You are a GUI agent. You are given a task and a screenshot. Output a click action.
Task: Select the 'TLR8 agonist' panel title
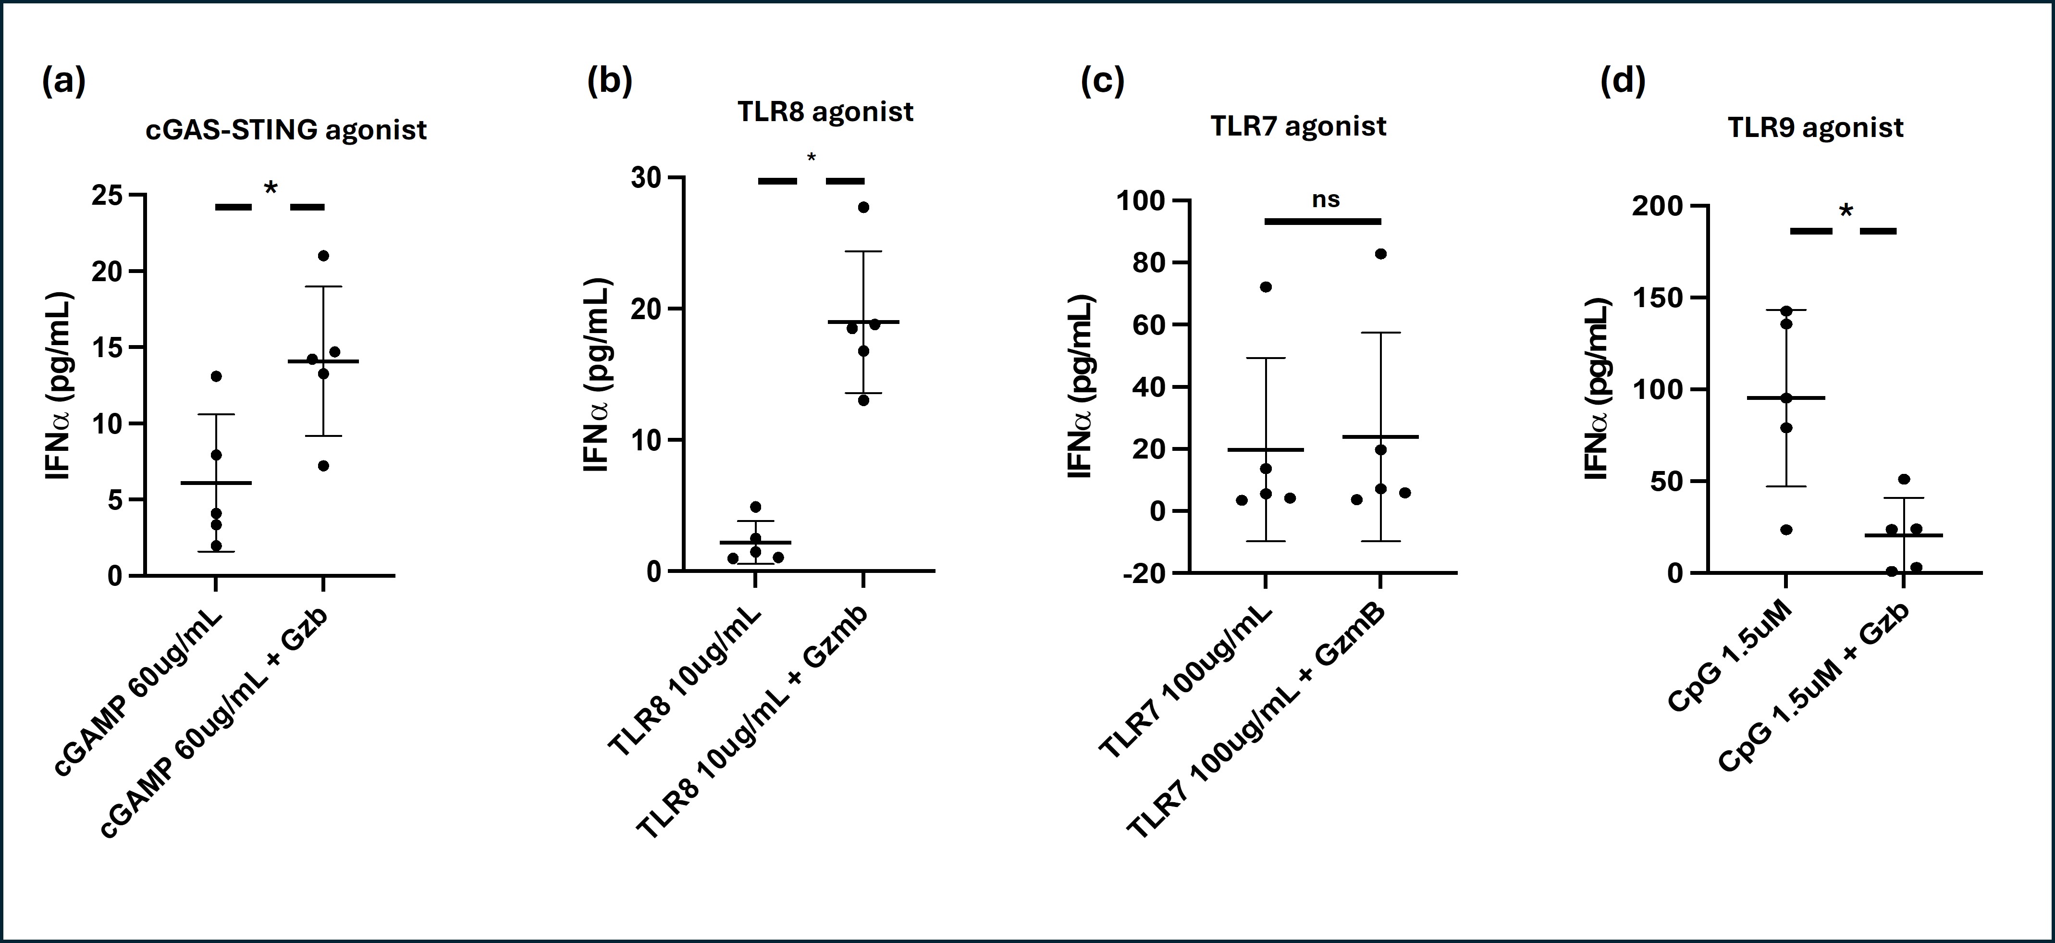click(825, 112)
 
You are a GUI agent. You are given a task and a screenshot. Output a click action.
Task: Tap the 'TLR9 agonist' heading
click(1815, 128)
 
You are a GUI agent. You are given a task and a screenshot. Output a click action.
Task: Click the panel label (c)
click(1102, 81)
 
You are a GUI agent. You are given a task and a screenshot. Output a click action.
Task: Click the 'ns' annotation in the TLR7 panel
click(1326, 199)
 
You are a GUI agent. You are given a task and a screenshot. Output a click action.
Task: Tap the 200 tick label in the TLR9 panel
click(1656, 206)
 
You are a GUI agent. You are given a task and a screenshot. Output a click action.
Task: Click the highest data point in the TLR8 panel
click(863, 208)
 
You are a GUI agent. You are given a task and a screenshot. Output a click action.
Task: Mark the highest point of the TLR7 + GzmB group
click(1381, 254)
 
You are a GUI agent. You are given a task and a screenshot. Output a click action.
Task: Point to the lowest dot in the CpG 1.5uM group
click(1786, 530)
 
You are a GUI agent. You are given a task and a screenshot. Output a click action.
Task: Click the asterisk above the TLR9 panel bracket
click(1846, 211)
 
